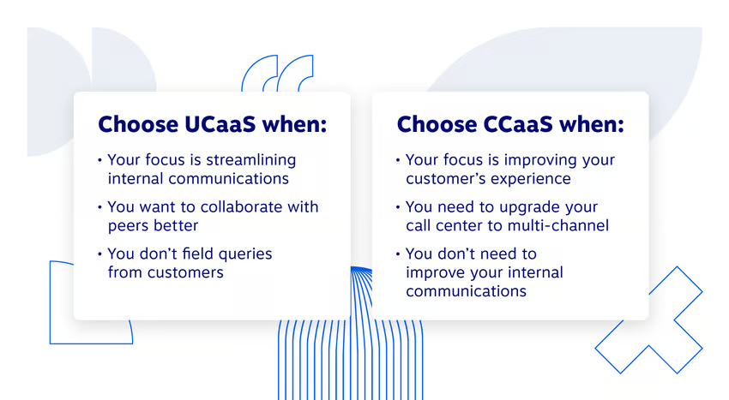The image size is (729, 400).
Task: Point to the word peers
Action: click(128, 225)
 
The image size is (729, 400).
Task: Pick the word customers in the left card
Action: click(183, 272)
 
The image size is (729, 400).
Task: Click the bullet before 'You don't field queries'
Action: click(99, 254)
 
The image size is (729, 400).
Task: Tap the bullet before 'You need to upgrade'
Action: click(397, 207)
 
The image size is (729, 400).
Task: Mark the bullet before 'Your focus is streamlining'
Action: click(99, 160)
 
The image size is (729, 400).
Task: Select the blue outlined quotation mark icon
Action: click(277, 74)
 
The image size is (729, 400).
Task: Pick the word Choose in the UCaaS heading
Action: click(138, 124)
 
